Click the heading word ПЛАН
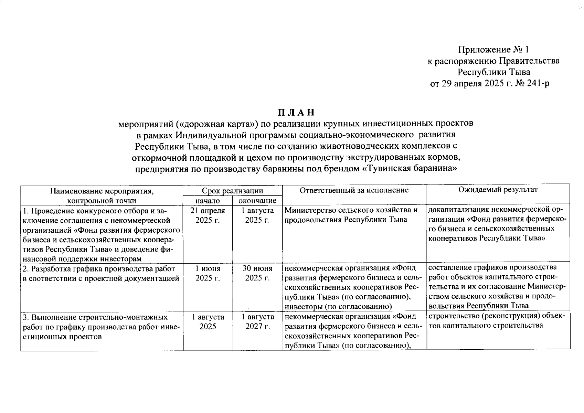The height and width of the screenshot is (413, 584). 296,113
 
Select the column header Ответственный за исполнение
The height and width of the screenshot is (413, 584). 354,190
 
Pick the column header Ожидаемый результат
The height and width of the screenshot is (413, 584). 498,190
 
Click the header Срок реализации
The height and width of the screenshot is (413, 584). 232,190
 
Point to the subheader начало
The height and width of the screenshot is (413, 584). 208,201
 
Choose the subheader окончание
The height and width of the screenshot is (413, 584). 257,201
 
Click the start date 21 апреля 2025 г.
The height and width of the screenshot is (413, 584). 208,215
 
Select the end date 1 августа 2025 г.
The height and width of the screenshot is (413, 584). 257,215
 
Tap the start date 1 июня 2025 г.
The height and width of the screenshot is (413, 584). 208,273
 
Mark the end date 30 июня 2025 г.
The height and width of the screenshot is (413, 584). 257,273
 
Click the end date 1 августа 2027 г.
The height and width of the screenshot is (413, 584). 257,321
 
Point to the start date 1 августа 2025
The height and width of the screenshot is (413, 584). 208,321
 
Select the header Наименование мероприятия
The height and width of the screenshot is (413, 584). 102,190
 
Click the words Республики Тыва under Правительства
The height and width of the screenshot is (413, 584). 493,72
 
